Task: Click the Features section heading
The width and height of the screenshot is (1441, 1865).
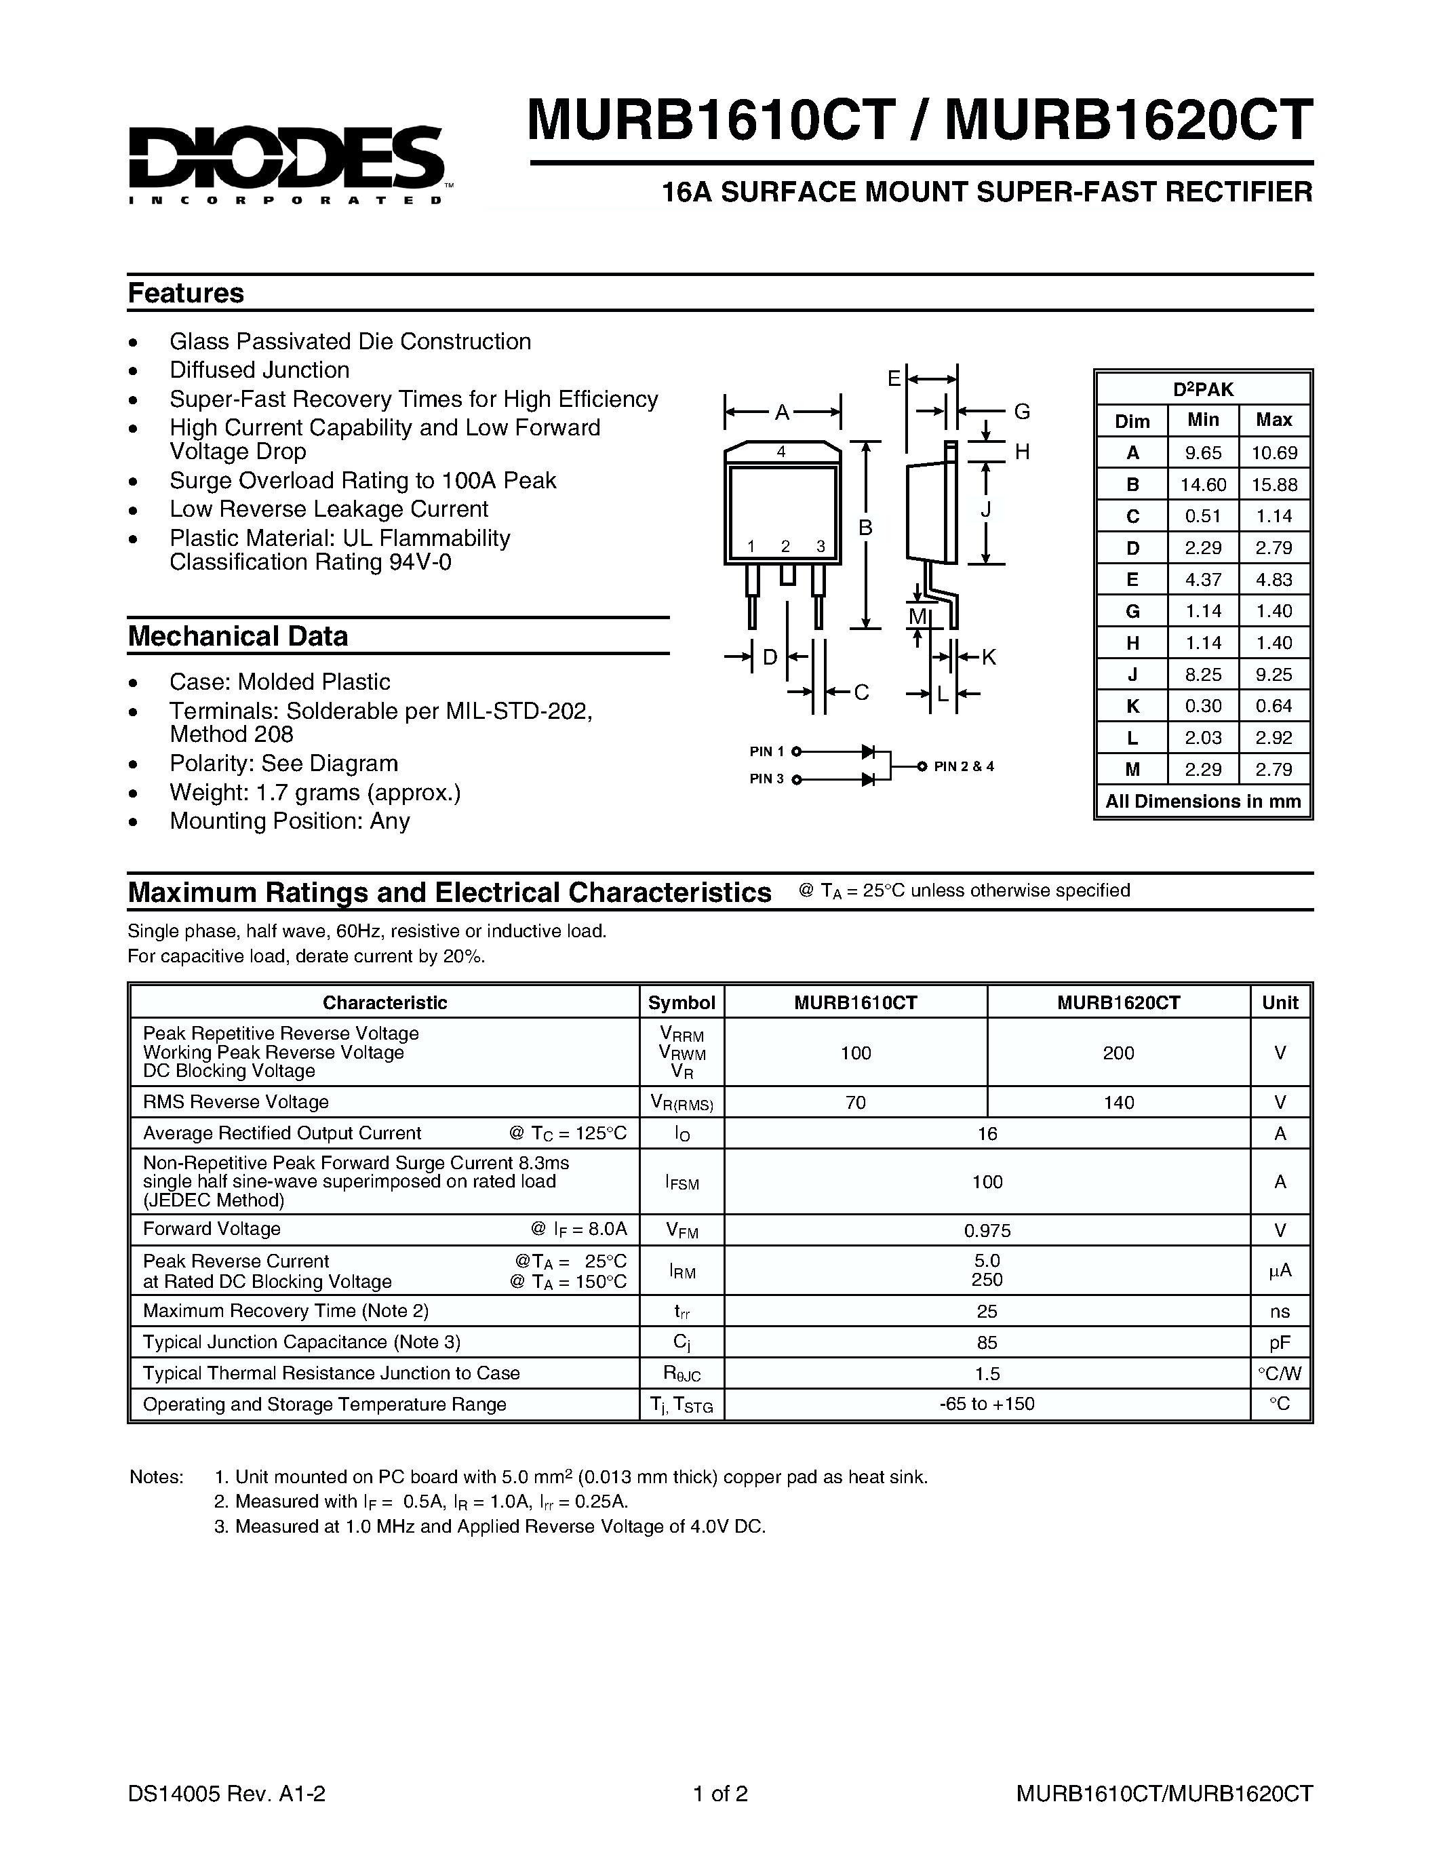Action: click(185, 293)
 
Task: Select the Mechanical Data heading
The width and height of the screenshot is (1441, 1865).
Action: click(237, 636)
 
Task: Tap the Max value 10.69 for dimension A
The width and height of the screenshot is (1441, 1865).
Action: click(1274, 452)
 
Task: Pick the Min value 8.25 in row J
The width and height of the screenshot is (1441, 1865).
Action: click(1202, 675)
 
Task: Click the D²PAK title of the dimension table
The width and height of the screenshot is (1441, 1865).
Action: click(1202, 389)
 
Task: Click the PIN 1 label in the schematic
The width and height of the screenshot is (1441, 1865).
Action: click(766, 751)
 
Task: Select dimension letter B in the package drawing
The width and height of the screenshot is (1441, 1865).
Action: click(865, 528)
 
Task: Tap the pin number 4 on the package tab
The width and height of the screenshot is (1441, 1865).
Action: click(781, 452)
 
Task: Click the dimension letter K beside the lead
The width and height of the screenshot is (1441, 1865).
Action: click(989, 656)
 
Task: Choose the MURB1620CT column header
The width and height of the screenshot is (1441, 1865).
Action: click(1118, 1002)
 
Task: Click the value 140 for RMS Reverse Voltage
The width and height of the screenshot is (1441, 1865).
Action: click(1118, 1103)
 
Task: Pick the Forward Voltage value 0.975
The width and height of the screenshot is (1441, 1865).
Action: click(987, 1230)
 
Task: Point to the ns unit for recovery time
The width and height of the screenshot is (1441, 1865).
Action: click(1279, 1312)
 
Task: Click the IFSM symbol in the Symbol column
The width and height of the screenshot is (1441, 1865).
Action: click(682, 1183)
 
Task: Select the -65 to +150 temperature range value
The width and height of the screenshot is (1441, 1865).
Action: click(987, 1404)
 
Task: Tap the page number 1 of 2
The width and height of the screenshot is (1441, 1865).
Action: click(719, 1793)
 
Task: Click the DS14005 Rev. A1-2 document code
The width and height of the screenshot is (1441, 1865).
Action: click(226, 1793)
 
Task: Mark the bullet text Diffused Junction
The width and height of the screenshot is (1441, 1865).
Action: click(260, 370)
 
